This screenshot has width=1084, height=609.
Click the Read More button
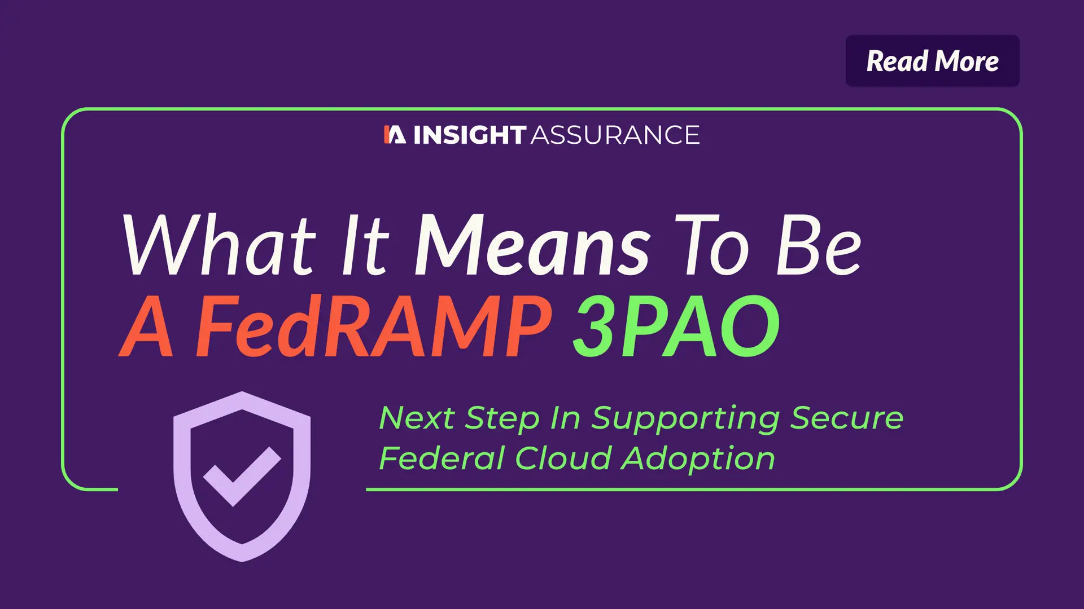(932, 61)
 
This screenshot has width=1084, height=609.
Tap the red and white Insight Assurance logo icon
(395, 135)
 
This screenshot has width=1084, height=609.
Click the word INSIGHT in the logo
(470, 135)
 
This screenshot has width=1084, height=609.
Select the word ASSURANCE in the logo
(615, 135)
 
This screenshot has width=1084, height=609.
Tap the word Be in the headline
(819, 245)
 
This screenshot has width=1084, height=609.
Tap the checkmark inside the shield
(242, 475)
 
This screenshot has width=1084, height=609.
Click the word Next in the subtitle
(417, 418)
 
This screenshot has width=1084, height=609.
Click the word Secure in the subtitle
(846, 418)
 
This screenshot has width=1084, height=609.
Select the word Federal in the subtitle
(441, 458)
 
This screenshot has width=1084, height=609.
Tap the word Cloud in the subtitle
(563, 458)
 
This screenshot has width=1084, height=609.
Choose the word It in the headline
(365, 245)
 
